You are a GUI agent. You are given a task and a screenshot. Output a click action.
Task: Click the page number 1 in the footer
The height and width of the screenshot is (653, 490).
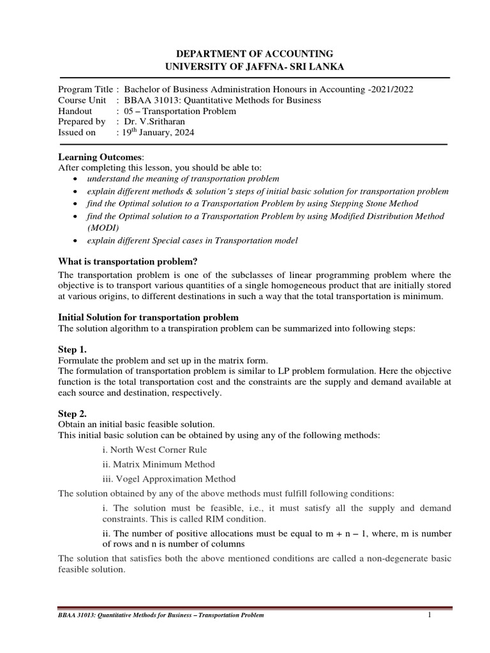[430, 614]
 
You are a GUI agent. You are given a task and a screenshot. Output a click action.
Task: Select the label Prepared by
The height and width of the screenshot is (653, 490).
[82, 121]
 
